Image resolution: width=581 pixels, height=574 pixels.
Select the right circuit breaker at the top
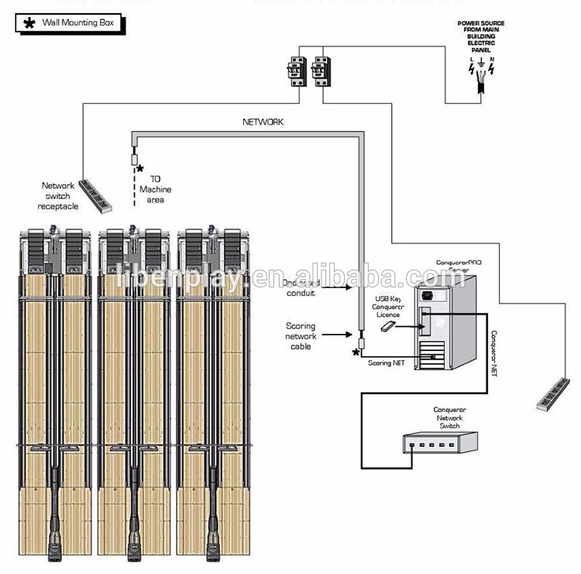pos(320,71)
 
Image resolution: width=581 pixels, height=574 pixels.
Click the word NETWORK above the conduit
pos(263,122)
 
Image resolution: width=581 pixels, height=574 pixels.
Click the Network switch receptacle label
pos(58,196)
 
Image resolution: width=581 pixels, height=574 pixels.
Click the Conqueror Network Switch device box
pos(438,443)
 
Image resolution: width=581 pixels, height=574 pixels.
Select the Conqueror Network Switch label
pos(449,417)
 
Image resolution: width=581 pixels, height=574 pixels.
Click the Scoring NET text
pos(385,363)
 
